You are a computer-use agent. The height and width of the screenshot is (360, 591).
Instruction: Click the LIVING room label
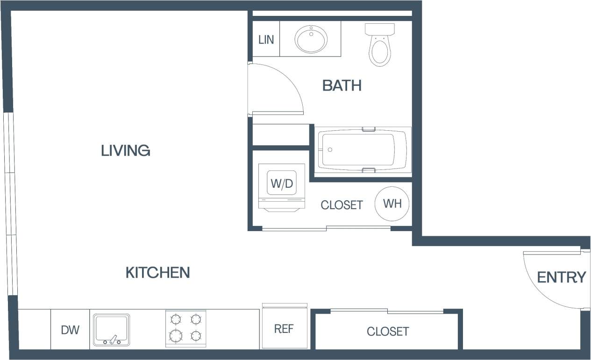[x=126, y=151]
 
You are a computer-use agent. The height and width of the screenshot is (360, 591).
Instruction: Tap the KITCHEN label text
[x=157, y=273]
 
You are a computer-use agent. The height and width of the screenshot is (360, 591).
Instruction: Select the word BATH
[x=342, y=86]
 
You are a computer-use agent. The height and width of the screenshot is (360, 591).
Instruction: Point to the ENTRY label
[x=561, y=277]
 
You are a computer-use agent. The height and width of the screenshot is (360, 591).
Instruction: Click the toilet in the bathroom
[x=380, y=47]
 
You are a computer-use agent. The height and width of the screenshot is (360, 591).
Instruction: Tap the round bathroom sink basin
[x=311, y=39]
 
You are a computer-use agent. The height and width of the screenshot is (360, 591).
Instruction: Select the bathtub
[x=362, y=150]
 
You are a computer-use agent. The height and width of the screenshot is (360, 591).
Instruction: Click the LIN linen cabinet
[x=266, y=40]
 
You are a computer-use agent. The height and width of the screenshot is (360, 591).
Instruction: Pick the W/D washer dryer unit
[x=282, y=184]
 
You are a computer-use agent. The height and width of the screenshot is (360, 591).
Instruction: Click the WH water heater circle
[x=392, y=204]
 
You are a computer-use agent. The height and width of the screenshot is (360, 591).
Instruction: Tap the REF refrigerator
[x=284, y=329]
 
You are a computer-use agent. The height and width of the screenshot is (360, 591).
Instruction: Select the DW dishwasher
[x=70, y=330]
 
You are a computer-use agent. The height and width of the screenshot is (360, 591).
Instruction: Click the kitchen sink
[x=112, y=330]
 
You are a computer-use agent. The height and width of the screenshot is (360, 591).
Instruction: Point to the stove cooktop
[x=185, y=328]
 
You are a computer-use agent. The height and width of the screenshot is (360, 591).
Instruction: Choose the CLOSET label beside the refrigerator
[x=388, y=332]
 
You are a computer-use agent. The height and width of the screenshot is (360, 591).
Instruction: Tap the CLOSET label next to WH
[x=342, y=205]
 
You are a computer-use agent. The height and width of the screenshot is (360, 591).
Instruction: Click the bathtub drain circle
[x=330, y=150]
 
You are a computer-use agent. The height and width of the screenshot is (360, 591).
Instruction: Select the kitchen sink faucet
[x=113, y=339]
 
